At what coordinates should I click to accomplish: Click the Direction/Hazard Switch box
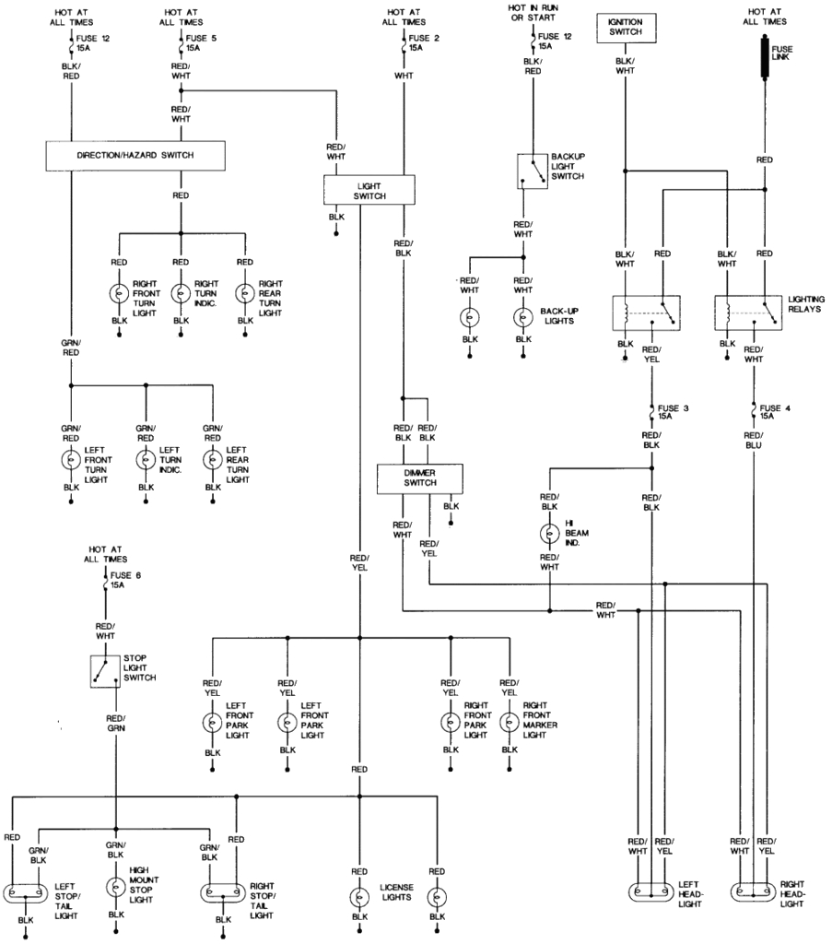[135, 156]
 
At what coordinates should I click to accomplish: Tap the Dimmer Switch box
[419, 478]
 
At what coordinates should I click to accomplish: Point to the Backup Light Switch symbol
[532, 171]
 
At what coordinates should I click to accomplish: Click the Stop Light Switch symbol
[106, 671]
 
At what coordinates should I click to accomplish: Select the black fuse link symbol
[764, 56]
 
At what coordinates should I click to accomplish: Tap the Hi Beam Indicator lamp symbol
[550, 533]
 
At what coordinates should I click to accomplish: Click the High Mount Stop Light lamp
[116, 887]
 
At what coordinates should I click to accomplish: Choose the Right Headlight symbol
[754, 893]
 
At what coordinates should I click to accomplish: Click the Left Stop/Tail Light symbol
[24, 893]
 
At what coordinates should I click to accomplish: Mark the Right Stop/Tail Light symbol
[222, 893]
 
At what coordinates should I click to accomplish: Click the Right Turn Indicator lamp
[181, 293]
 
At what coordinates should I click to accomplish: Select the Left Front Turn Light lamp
[70, 459]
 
